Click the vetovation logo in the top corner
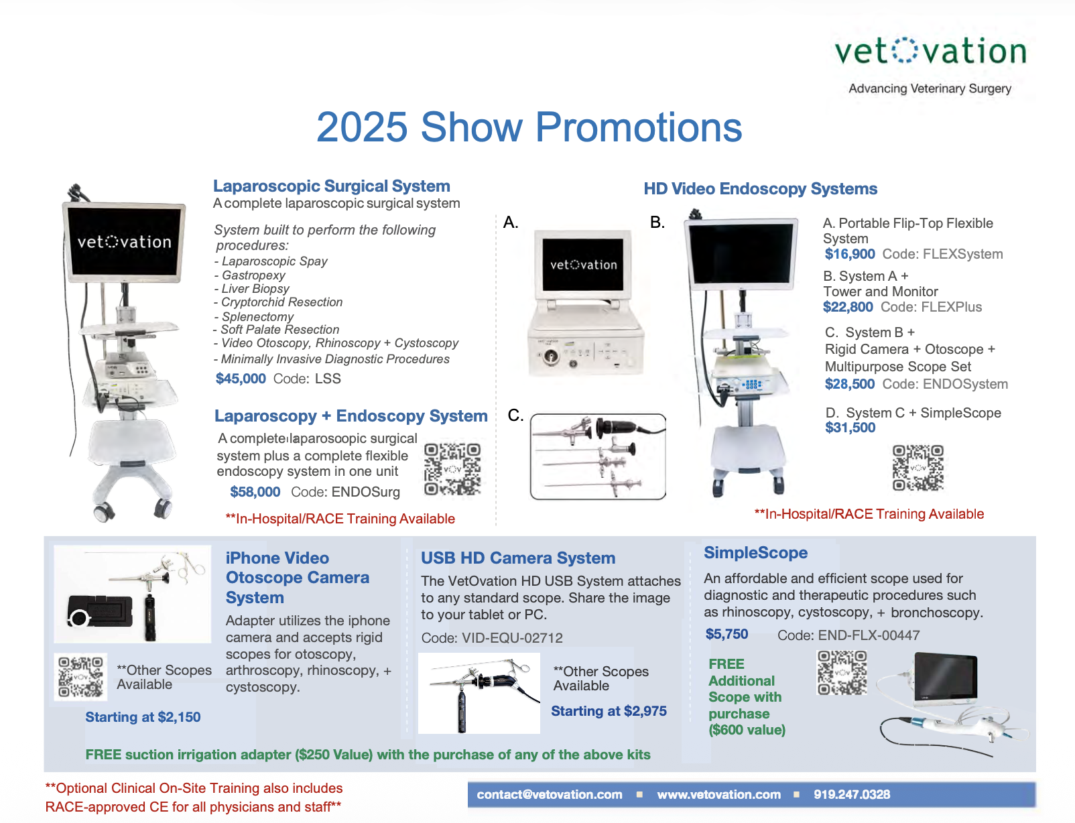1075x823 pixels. point(930,52)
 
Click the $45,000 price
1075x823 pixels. point(241,379)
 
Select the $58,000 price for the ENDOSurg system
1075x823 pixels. point(255,492)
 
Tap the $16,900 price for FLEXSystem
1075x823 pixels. point(849,254)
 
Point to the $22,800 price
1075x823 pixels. point(848,307)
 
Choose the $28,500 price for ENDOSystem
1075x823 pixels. point(849,384)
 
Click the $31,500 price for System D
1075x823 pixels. point(850,428)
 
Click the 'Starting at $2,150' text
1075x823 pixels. point(143,716)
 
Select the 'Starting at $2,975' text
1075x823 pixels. point(609,710)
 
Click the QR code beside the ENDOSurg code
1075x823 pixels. point(452,469)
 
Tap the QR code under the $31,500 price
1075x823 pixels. point(918,467)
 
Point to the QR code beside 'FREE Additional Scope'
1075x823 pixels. point(842,673)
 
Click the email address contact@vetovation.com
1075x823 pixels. point(549,794)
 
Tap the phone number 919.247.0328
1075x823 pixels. point(851,794)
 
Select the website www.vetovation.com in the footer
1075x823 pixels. point(718,794)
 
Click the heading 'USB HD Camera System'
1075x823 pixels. point(518,558)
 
